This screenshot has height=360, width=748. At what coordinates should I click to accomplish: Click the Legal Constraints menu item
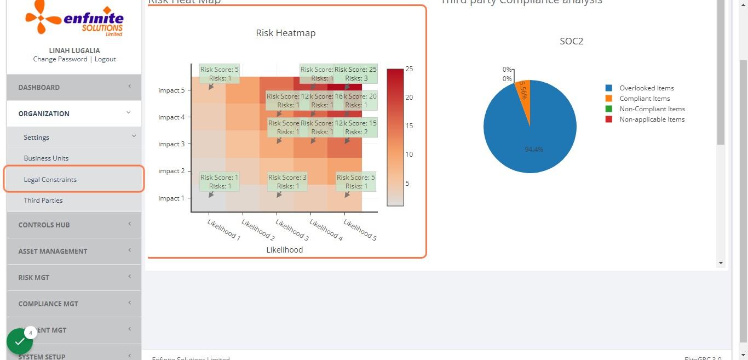(50, 180)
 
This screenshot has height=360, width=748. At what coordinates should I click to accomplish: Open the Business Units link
(47, 158)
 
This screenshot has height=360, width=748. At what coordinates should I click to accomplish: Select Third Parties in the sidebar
(43, 201)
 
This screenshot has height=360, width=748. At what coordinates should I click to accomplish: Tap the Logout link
(105, 59)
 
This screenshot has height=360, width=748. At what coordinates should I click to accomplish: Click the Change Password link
(60, 59)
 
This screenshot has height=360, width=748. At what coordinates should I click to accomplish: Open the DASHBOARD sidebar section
(39, 88)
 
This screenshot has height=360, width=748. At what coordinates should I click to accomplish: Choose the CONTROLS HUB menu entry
(44, 225)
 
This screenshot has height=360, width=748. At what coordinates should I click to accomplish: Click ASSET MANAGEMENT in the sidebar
(53, 252)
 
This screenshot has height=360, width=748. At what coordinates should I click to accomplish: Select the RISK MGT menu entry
(34, 278)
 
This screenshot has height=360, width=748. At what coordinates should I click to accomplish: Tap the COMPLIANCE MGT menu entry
(48, 304)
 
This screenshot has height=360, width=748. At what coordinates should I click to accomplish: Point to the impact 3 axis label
(171, 144)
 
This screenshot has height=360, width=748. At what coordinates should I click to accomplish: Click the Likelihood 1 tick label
(223, 230)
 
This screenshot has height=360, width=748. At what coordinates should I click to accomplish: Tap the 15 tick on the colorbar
(409, 126)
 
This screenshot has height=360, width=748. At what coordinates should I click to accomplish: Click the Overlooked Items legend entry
(647, 88)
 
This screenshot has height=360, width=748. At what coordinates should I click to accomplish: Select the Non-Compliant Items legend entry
(652, 109)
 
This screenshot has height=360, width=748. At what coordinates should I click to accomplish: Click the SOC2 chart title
(571, 41)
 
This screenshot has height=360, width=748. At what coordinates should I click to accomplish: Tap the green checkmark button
(20, 341)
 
